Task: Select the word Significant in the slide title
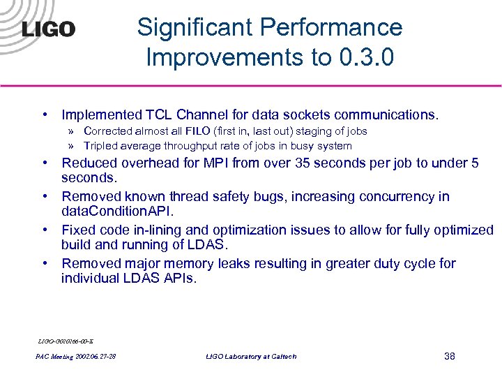coord(196,27)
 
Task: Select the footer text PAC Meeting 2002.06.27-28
coord(76,357)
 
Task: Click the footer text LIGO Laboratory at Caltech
coord(251,357)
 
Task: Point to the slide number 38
coord(449,357)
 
